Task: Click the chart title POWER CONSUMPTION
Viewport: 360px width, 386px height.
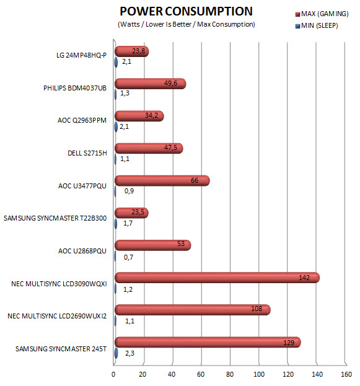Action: [186, 11]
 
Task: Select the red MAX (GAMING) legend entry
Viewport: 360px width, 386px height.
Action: [322, 14]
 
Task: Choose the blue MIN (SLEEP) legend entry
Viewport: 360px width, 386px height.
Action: [317, 25]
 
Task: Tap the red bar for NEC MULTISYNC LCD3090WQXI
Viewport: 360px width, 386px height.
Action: [217, 278]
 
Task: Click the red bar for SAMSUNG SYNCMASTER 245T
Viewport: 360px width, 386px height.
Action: [208, 342]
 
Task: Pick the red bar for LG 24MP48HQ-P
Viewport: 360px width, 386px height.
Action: [132, 51]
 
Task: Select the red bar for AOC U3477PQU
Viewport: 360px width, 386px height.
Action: [162, 181]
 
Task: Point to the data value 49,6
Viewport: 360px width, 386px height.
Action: [170, 83]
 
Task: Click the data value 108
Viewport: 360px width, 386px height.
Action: [257, 309]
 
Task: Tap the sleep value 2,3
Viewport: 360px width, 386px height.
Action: [130, 353]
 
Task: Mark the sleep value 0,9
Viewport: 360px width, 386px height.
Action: [130, 191]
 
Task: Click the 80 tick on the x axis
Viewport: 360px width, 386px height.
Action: [230, 374]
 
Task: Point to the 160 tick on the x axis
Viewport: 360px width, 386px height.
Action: [346, 374]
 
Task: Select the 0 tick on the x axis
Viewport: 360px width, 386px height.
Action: [113, 374]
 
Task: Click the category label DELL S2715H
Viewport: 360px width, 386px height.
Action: [87, 153]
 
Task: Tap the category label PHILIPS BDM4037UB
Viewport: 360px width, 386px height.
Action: [75, 88]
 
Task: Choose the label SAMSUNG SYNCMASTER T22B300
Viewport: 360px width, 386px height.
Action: [55, 218]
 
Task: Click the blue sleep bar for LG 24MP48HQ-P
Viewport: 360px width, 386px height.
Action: [116, 63]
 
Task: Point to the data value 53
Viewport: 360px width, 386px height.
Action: [181, 243]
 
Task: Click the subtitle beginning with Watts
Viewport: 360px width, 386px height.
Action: [187, 24]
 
